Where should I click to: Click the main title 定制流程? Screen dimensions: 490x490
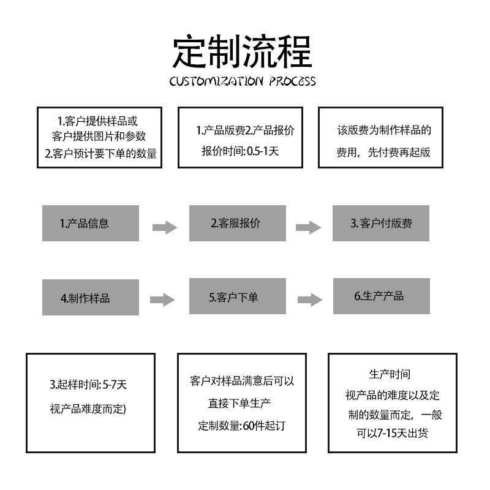pyautogui.click(x=242, y=51)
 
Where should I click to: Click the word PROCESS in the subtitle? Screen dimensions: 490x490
pyautogui.click(x=293, y=81)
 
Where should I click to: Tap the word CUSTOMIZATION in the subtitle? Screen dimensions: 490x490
pyautogui.click(x=216, y=81)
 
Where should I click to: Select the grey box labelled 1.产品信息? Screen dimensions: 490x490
pyautogui.click(x=91, y=223)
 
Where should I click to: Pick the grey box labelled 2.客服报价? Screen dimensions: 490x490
pyautogui.click(x=238, y=223)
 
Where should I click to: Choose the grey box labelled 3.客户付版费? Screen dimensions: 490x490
pyautogui.click(x=381, y=223)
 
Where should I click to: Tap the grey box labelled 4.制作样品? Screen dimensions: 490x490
pyautogui.click(x=91, y=297)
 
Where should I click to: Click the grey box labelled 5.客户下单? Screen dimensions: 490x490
pyautogui.click(x=238, y=296)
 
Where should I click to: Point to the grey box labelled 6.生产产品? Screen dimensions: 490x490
pyautogui.click(x=382, y=296)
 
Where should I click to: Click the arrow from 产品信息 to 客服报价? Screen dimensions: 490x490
pyautogui.click(x=165, y=227)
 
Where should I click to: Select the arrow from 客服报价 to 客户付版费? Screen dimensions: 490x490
pyautogui.click(x=309, y=227)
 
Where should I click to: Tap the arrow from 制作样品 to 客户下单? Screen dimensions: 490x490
pyautogui.click(x=162, y=300)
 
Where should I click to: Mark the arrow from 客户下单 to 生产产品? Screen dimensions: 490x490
pyautogui.click(x=310, y=300)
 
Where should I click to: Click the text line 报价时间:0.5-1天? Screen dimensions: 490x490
pyautogui.click(x=240, y=151)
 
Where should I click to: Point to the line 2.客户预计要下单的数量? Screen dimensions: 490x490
pyautogui.click(x=100, y=154)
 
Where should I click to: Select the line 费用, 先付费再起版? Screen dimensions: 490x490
pyautogui.click(x=383, y=152)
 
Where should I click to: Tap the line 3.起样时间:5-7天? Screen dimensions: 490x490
pyautogui.click(x=88, y=385)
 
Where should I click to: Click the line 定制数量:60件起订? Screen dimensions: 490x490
pyautogui.click(x=242, y=426)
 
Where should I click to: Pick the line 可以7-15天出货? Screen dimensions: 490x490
pyautogui.click(x=392, y=433)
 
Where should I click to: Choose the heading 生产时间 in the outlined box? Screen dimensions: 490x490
pyautogui.click(x=390, y=374)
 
